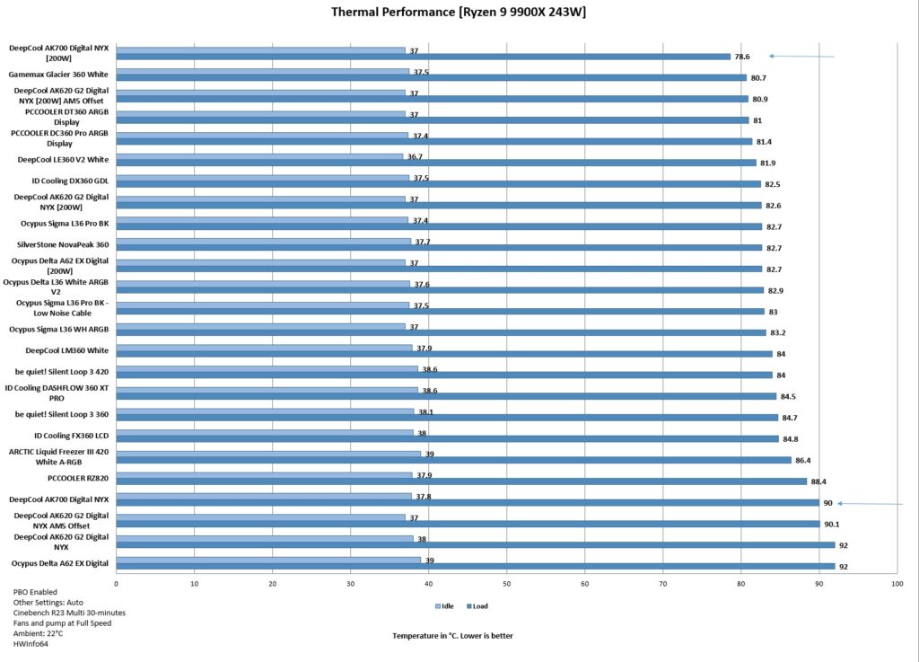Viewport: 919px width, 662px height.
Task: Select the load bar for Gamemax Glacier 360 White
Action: coord(432,77)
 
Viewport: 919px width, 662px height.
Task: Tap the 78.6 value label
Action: coord(742,57)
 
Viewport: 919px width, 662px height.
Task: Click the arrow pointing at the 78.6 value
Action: coord(801,57)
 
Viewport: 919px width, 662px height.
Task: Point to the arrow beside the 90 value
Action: coord(870,504)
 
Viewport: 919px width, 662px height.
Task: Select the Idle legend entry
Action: coord(444,606)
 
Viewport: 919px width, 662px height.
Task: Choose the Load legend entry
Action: coord(477,606)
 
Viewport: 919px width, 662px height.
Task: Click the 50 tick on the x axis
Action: coord(506,584)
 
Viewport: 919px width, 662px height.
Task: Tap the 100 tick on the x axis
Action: coord(897,584)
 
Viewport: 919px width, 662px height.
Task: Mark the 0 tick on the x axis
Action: coord(116,584)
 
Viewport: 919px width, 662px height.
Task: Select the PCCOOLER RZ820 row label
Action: coord(78,479)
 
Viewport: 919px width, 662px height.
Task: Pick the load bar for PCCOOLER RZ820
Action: coord(461,481)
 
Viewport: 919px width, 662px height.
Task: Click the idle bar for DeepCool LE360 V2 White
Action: coord(259,156)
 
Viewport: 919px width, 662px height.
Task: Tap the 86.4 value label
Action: coord(803,460)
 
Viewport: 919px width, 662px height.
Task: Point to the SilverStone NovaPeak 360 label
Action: coord(63,244)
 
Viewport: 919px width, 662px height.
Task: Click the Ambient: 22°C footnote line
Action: coord(38,634)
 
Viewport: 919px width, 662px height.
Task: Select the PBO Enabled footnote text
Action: coord(35,592)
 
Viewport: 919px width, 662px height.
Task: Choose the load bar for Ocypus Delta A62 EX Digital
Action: coord(476,567)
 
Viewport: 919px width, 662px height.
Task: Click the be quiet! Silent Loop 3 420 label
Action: coord(62,372)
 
